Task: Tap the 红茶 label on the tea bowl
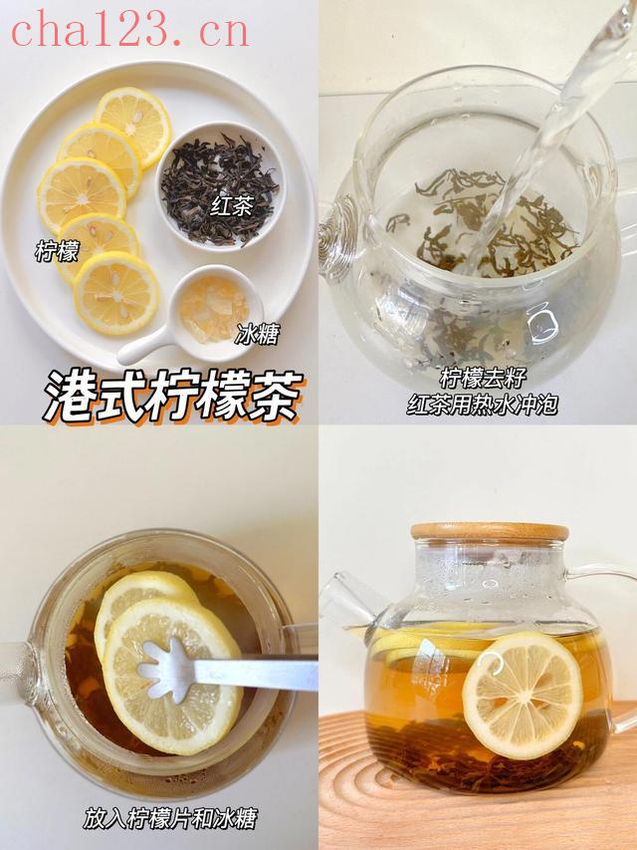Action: [232, 206]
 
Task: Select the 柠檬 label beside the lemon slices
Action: [57, 251]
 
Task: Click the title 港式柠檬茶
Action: [173, 397]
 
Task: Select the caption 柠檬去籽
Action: [482, 379]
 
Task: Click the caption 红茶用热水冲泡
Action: [482, 405]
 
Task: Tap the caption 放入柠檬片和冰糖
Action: [170, 818]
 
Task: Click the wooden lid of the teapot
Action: [490, 531]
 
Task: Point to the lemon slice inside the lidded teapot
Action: [523, 695]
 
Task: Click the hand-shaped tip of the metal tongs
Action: [165, 669]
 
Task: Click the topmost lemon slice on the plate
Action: [132, 126]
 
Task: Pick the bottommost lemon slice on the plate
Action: [115, 293]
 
